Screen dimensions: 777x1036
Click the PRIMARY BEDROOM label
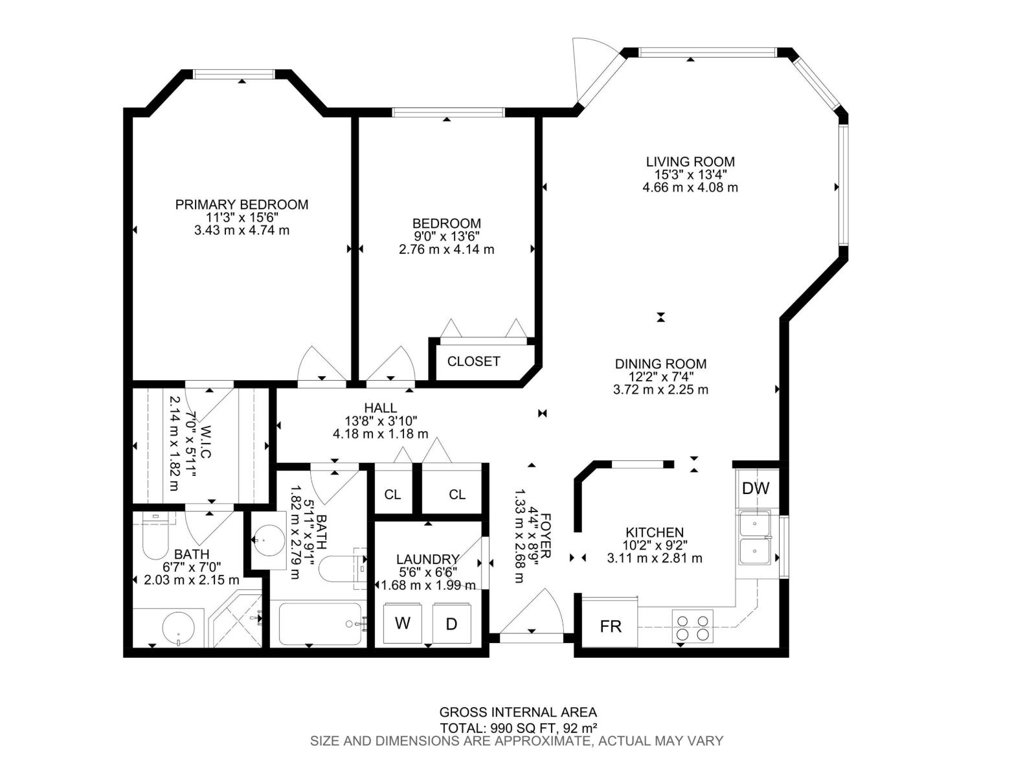[x=242, y=205]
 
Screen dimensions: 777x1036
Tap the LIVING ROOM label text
[x=690, y=162]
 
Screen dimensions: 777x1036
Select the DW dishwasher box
[x=756, y=488]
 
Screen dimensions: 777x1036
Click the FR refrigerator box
[x=610, y=625]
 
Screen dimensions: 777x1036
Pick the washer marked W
[x=403, y=623]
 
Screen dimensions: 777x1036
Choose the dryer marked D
[x=451, y=624]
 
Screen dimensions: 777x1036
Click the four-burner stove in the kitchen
[x=692, y=625]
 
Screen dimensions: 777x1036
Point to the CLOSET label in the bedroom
[x=473, y=361]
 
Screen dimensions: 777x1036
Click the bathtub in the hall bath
[x=320, y=623]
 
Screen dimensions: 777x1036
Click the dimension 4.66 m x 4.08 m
[x=690, y=188]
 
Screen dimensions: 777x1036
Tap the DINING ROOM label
[x=660, y=364]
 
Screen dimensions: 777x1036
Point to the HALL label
[x=380, y=408]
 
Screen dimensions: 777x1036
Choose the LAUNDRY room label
[x=427, y=559]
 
